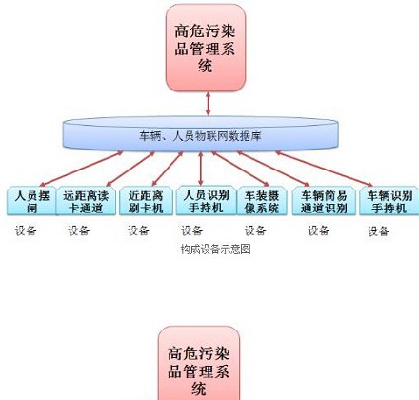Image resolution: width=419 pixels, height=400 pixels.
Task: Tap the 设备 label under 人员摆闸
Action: pos(26,230)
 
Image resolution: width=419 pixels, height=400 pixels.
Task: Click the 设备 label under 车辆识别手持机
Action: pos(379,230)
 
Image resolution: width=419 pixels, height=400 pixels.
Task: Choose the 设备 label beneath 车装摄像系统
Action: pos(255,230)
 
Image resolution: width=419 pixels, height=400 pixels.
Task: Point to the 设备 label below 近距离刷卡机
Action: pos(138,230)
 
